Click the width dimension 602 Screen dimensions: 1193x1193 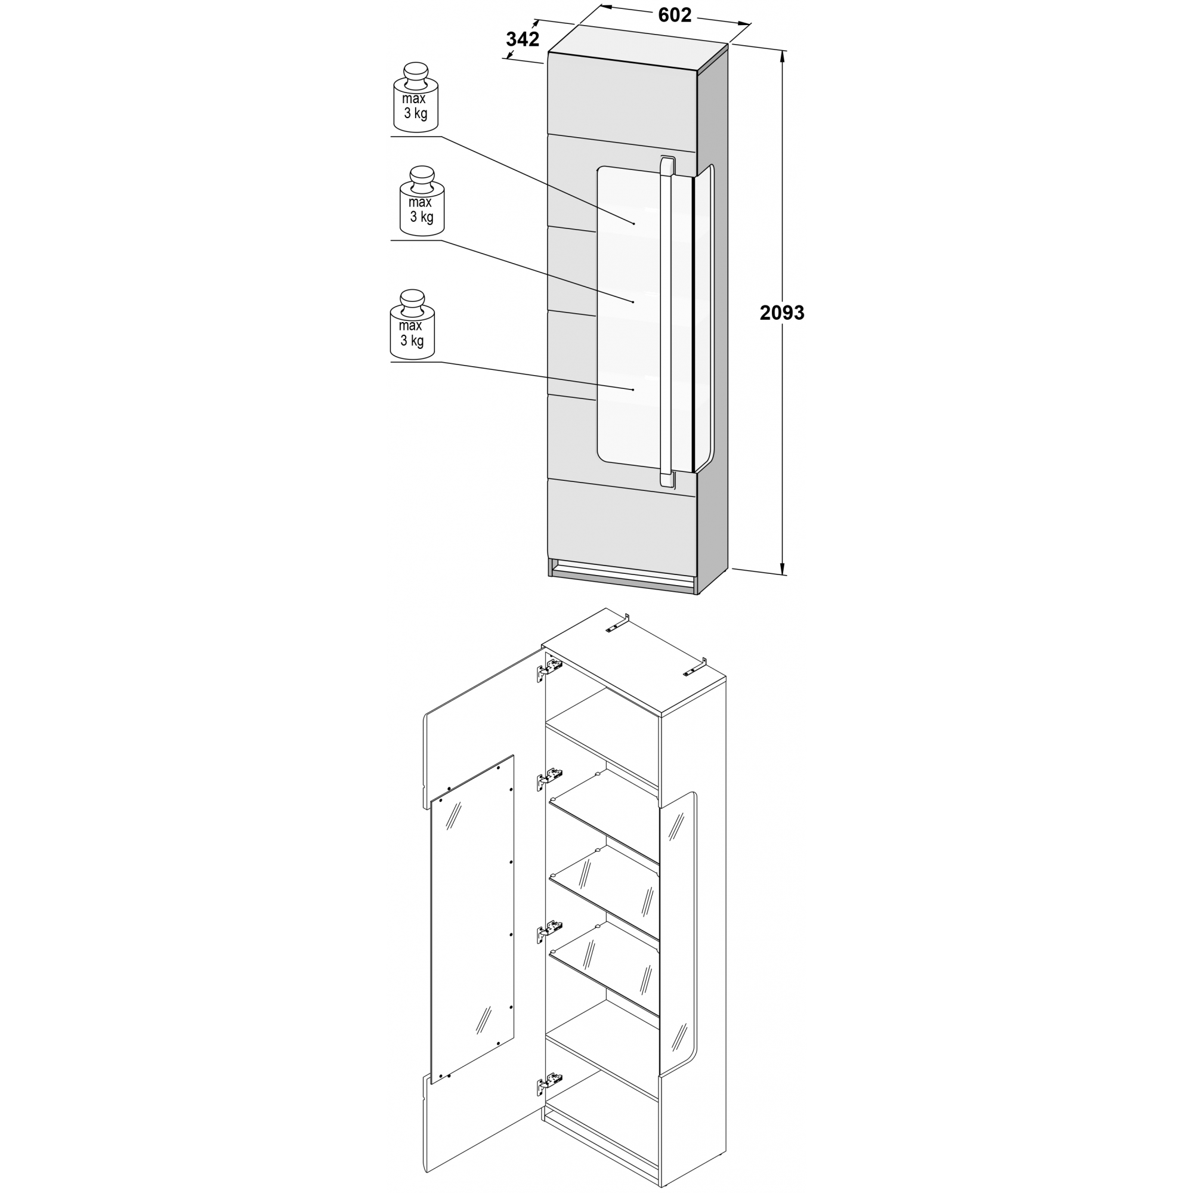(x=674, y=16)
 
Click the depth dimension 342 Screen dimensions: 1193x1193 (x=523, y=39)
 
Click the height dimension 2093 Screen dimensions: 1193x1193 (x=782, y=313)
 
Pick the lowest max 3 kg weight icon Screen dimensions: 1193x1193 (x=412, y=325)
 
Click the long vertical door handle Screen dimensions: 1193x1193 (x=666, y=322)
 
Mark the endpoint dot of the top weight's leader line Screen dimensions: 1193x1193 (x=634, y=222)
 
